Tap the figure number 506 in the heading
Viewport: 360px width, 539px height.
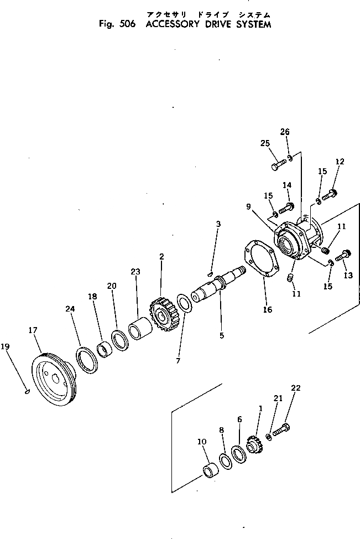tap(123, 25)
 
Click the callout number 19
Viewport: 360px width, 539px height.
tap(6, 347)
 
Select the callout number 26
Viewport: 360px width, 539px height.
tap(285, 132)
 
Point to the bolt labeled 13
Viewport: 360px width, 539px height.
tap(343, 255)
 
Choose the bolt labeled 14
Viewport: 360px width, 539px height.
tap(286, 209)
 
